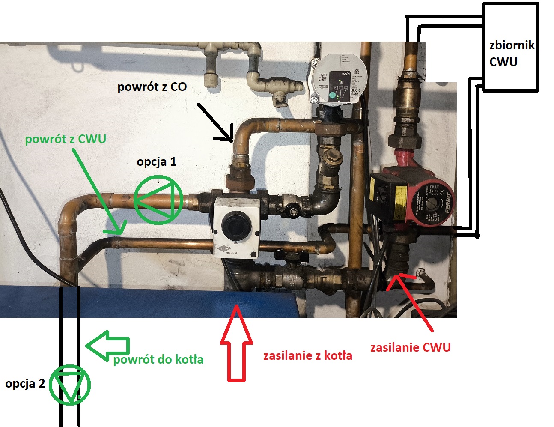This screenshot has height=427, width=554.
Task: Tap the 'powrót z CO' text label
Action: pyautogui.click(x=152, y=87)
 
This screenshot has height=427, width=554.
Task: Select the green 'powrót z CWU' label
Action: pyautogui.click(x=66, y=139)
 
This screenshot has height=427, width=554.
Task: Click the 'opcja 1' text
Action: pyautogui.click(x=156, y=162)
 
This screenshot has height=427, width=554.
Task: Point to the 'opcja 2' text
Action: pyautogui.click(x=25, y=384)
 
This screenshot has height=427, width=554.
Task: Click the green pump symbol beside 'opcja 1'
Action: pyautogui.click(x=158, y=200)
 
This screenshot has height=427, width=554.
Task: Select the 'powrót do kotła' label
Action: pyautogui.click(x=158, y=360)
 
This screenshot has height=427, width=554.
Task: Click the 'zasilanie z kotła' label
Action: pyautogui.click(x=307, y=356)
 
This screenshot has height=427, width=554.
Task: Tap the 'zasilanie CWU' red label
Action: pyautogui.click(x=410, y=347)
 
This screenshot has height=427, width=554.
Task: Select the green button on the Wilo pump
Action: pyautogui.click(x=333, y=96)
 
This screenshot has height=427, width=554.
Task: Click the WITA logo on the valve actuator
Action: pyautogui.click(x=224, y=248)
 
